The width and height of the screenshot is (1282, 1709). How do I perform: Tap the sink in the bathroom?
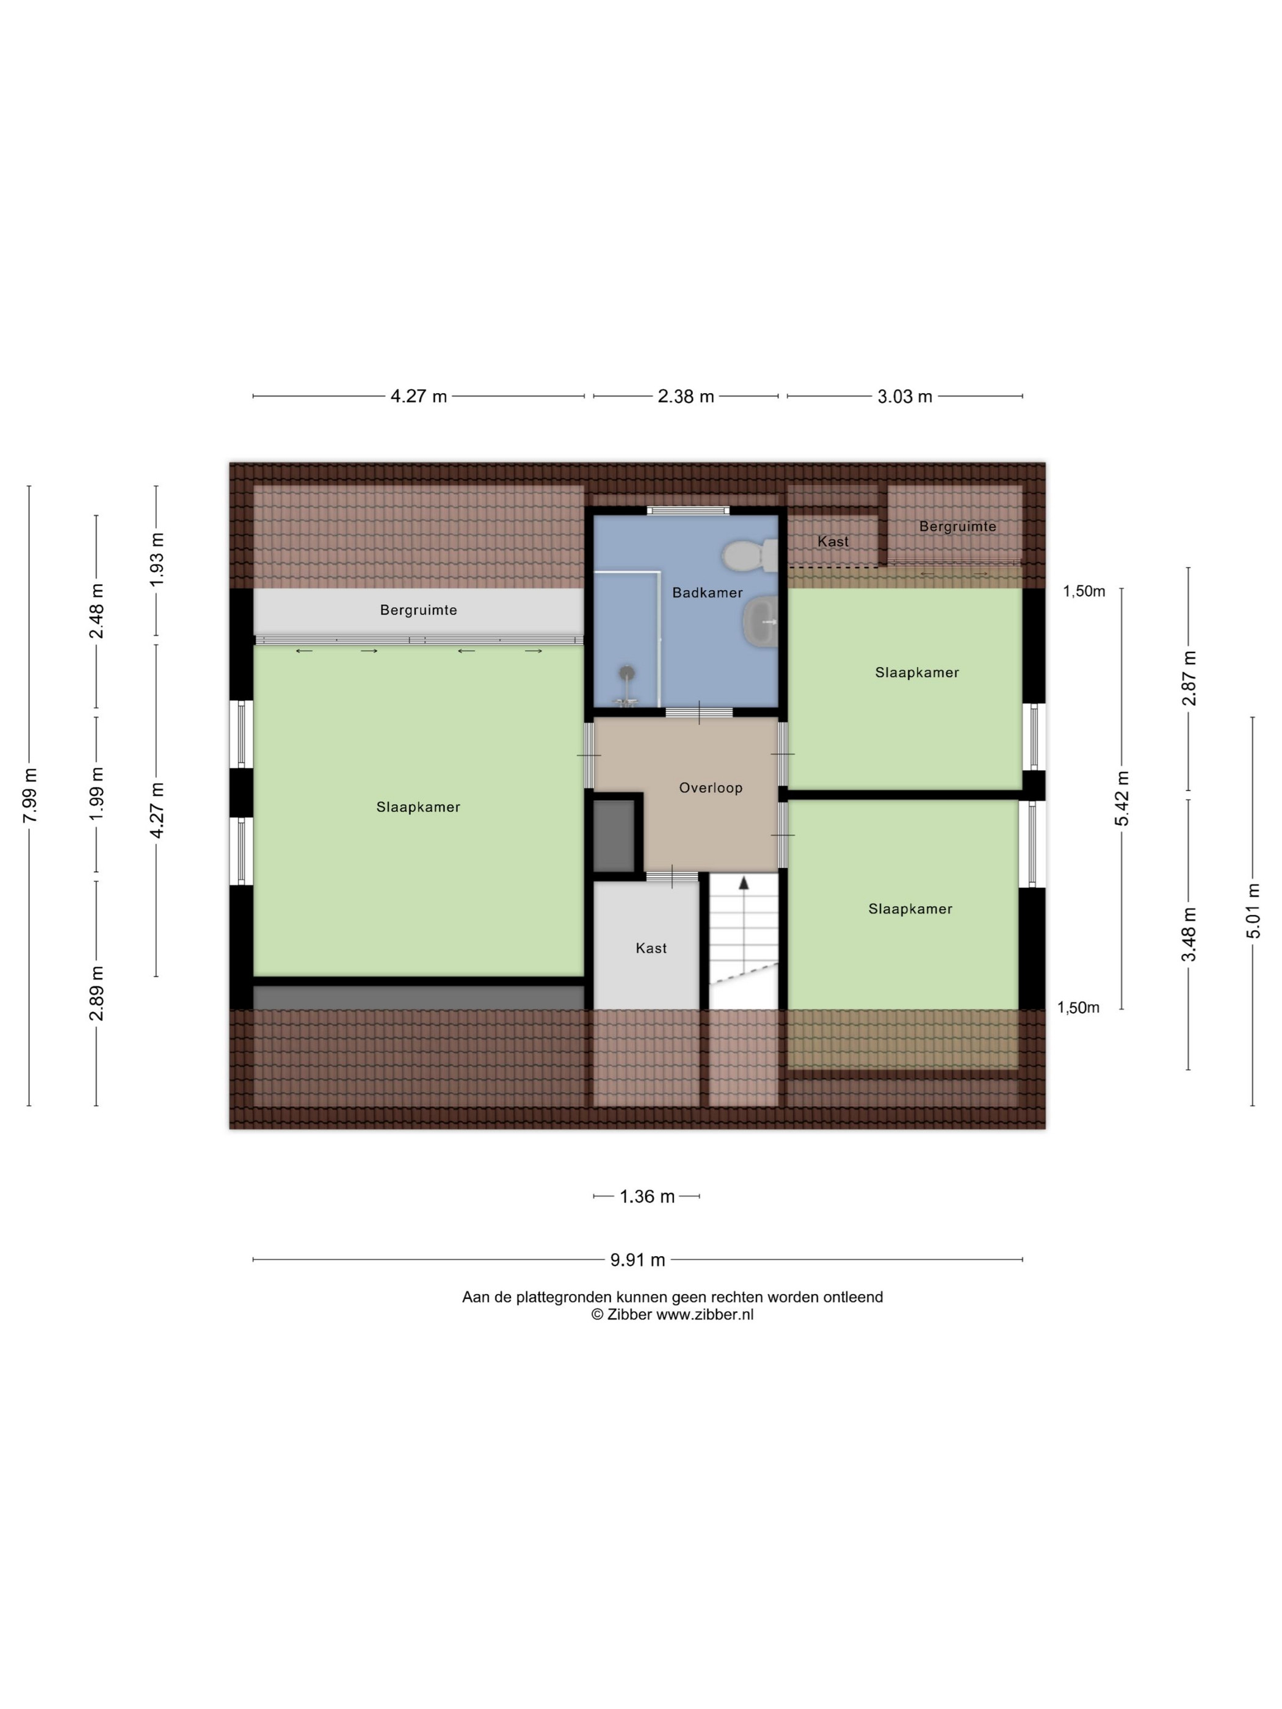761,621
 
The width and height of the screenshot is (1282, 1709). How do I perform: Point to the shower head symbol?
628,673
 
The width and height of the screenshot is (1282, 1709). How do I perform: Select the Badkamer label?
707,593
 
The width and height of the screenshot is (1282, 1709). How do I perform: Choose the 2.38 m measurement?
686,396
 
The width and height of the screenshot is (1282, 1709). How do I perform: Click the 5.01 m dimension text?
1253,911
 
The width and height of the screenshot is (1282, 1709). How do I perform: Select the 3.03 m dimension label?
904,396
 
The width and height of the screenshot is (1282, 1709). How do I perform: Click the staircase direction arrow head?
744,883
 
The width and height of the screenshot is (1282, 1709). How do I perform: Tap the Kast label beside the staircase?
651,948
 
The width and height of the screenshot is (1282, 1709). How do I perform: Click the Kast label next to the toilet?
832,541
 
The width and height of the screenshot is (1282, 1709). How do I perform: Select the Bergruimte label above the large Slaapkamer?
418,610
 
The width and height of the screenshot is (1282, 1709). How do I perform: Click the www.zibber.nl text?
704,1314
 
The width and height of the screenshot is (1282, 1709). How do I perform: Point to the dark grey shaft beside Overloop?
614,835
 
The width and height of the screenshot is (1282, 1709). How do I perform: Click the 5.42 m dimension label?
1121,798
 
